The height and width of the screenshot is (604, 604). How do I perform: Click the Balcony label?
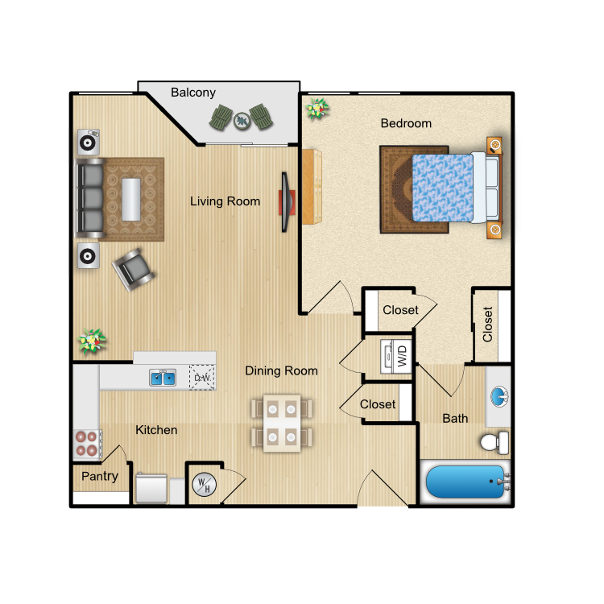pos(193,93)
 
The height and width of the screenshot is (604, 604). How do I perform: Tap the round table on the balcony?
pos(242,121)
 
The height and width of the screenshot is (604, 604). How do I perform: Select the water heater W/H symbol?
pos(205,484)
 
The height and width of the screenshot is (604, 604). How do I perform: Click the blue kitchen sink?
pos(163,378)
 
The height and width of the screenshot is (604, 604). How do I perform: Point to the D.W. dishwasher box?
pos(202,378)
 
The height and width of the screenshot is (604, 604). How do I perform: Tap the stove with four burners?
pos(88,444)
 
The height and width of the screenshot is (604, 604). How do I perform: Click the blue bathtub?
pos(465,482)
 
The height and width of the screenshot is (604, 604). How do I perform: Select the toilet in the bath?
pos(495,443)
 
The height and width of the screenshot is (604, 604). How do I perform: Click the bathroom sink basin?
pos(499,397)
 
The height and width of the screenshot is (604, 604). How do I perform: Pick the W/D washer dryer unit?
pos(396,356)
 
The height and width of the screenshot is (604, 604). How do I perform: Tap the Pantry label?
pos(100,477)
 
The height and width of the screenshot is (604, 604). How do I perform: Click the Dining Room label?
pos(282,370)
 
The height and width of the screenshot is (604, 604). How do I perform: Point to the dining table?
pos(282,423)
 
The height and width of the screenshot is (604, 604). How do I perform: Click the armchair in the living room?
pos(133,270)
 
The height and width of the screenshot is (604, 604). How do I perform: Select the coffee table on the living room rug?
pos(131,199)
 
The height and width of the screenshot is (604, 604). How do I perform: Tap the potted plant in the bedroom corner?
pos(317,109)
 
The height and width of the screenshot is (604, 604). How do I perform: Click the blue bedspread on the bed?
pos(443,188)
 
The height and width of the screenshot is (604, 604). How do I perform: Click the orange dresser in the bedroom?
pos(312,187)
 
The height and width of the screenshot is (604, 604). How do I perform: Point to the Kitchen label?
pos(156,430)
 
